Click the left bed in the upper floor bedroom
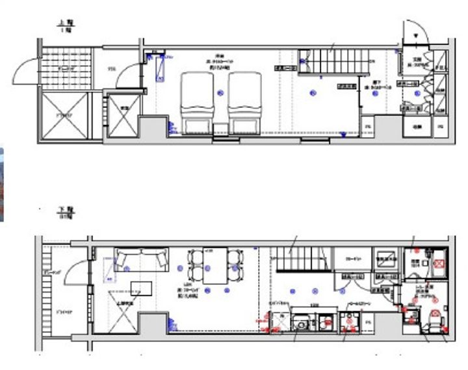coord(196,103)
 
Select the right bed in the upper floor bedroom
coord(244,103)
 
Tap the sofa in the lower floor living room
coord(140,259)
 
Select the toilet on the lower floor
coord(434,317)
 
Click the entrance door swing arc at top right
coord(413,31)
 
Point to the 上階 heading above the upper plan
coord(64,24)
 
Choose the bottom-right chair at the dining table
coord(232,276)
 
